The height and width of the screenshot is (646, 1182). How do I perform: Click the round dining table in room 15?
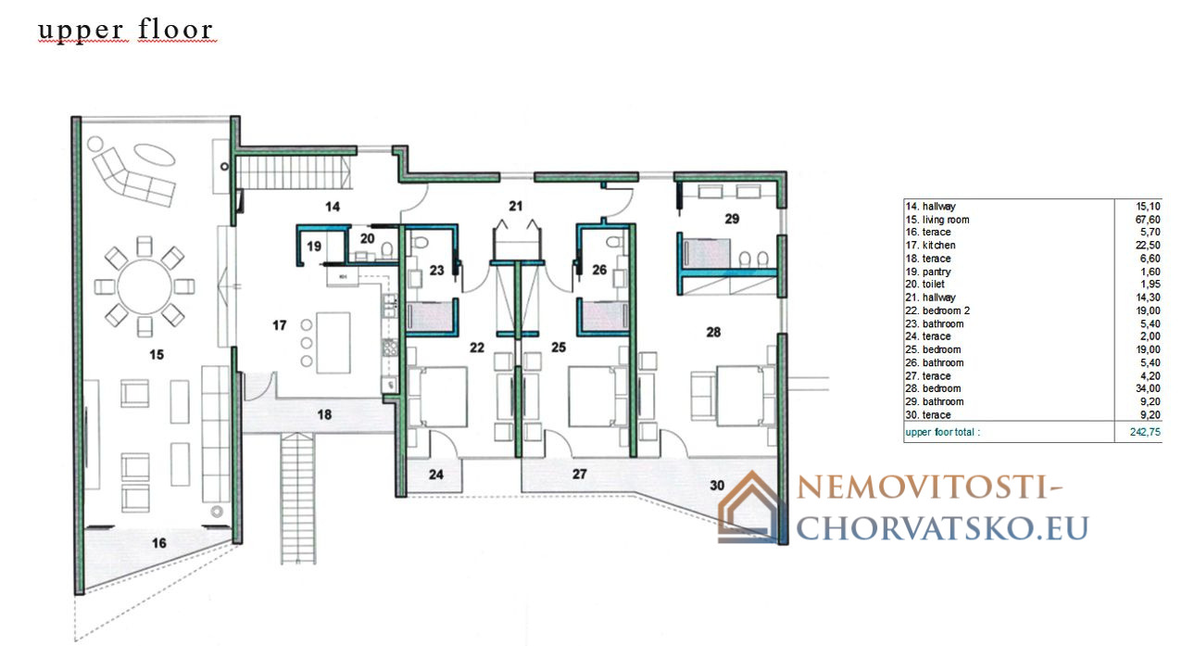(x=145, y=286)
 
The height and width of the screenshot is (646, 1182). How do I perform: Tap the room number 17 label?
(x=279, y=325)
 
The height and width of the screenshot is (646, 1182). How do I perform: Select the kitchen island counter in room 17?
(x=333, y=343)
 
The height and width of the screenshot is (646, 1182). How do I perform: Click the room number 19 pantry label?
(x=314, y=246)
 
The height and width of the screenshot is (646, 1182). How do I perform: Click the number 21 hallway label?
(x=516, y=206)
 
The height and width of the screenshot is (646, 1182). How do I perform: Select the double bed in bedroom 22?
(x=437, y=397)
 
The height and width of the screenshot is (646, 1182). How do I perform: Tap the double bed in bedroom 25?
(x=597, y=397)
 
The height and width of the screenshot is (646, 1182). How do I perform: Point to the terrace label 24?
(x=436, y=475)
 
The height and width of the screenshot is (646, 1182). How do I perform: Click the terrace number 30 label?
(x=717, y=485)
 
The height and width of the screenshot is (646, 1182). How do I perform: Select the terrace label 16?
(x=158, y=542)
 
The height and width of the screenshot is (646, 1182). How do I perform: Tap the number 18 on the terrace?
(x=324, y=414)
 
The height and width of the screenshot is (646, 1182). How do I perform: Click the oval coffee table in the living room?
(x=154, y=155)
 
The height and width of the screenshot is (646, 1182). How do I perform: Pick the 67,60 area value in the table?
(x=1148, y=220)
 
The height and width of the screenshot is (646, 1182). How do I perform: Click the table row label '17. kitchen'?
(x=930, y=246)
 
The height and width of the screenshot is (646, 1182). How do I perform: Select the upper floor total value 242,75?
(x=1145, y=432)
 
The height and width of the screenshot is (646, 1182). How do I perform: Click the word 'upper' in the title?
(x=81, y=31)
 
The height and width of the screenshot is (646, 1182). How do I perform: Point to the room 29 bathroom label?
(x=732, y=219)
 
